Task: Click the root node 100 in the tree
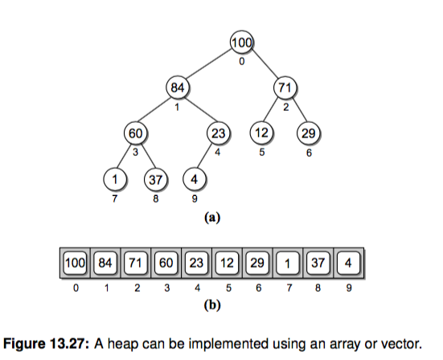pyautogui.click(x=241, y=43)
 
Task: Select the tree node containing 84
pyautogui.click(x=178, y=88)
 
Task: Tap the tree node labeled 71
pyautogui.click(x=285, y=88)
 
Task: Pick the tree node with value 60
pyautogui.click(x=136, y=133)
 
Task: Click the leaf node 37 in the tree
pyautogui.click(x=156, y=179)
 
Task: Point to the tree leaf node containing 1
pyautogui.click(x=115, y=179)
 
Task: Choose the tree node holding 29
pyautogui.click(x=309, y=133)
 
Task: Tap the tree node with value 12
pyautogui.click(x=261, y=133)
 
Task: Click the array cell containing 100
pyautogui.click(x=75, y=263)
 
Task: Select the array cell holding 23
pyautogui.click(x=196, y=263)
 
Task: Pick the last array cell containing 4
pyautogui.click(x=349, y=263)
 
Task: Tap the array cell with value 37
pyautogui.click(x=318, y=263)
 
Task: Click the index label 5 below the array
pyautogui.click(x=228, y=288)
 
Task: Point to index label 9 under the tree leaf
pyautogui.click(x=195, y=198)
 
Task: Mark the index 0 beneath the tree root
pyautogui.click(x=241, y=62)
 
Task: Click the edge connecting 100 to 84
pyautogui.click(x=209, y=63)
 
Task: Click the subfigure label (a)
pyautogui.click(x=212, y=218)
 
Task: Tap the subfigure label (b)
pyautogui.click(x=212, y=305)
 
